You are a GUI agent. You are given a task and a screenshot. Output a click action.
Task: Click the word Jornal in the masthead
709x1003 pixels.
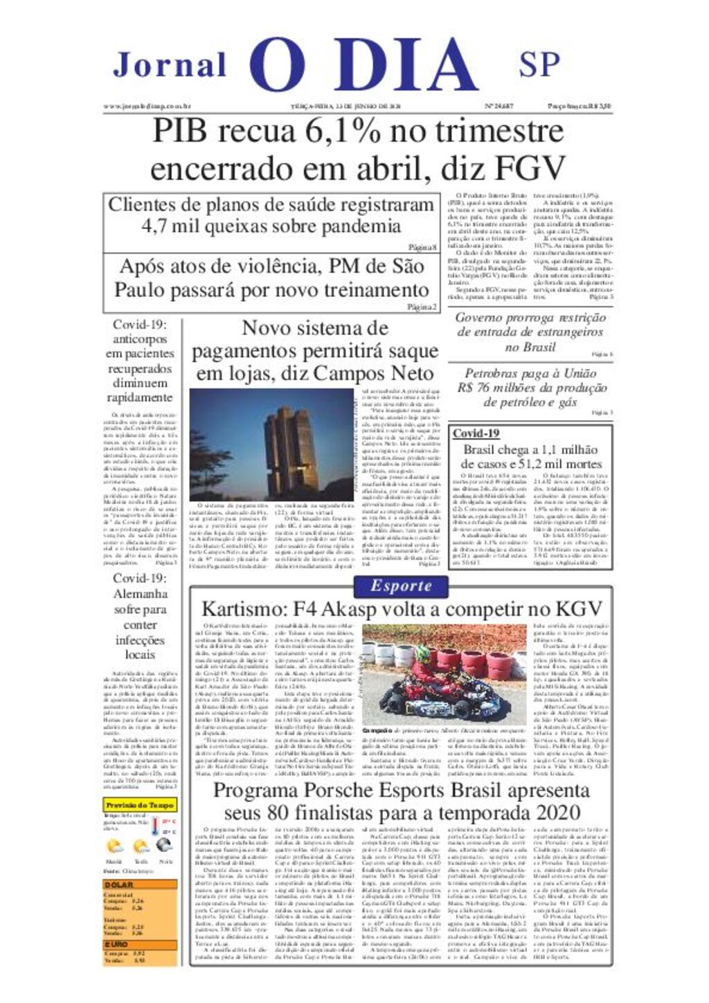(x=170, y=65)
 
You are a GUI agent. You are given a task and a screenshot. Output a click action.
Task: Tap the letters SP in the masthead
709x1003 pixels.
(x=539, y=64)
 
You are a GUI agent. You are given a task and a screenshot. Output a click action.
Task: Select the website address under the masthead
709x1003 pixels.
(x=147, y=107)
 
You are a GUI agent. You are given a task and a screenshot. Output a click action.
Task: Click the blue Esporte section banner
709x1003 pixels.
(x=401, y=586)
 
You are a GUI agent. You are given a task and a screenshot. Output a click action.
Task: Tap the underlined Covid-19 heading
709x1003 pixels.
(x=476, y=433)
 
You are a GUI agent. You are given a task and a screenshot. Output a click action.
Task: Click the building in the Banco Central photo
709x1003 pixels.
(x=291, y=443)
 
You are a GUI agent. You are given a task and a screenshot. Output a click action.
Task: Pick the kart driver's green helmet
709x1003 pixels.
(x=422, y=653)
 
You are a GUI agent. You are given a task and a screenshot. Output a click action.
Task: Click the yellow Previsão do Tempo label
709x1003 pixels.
(x=140, y=805)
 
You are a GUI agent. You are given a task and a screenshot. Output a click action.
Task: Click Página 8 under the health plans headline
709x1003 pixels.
(x=422, y=247)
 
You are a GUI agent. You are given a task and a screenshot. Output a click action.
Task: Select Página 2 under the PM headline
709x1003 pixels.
(x=422, y=307)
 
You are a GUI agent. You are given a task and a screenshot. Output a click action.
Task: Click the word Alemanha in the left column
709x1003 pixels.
(x=141, y=594)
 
